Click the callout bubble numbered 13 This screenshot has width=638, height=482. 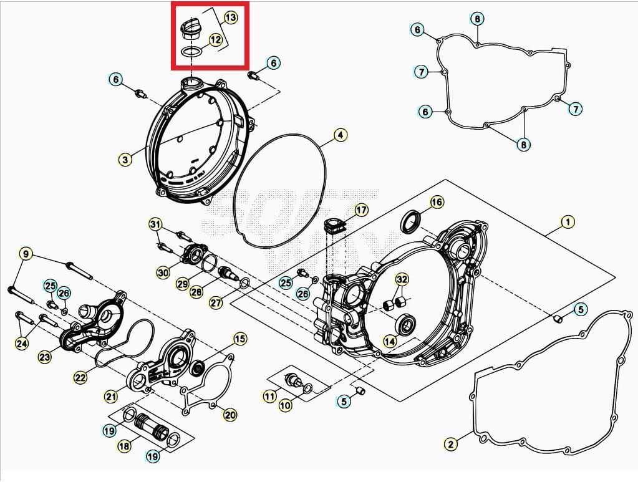(x=230, y=17)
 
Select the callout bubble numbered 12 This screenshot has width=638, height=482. (x=215, y=40)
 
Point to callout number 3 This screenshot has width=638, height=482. (x=125, y=160)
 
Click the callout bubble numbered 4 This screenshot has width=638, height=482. (x=340, y=135)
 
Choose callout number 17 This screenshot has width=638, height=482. (x=361, y=210)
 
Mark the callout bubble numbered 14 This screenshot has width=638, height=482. (x=389, y=341)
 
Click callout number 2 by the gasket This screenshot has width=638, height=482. (x=451, y=444)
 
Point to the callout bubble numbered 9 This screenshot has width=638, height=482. (x=26, y=254)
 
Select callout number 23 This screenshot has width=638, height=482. (x=44, y=357)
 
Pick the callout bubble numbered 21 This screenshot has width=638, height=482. (x=110, y=395)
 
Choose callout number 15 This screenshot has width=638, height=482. (x=239, y=339)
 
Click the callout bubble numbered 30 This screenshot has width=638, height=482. (x=163, y=272)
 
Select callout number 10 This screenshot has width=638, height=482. (x=285, y=405)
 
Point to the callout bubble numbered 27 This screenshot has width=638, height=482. (x=216, y=303)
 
